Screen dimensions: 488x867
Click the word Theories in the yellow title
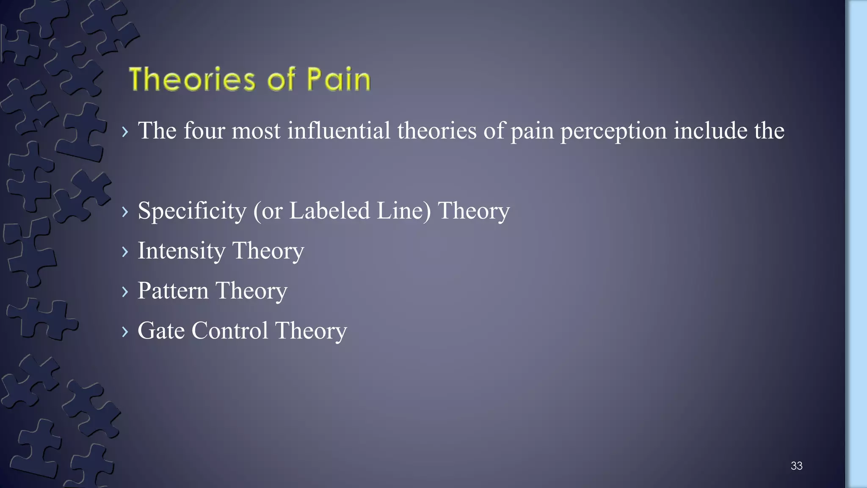tap(192, 79)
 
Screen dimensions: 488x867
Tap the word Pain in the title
tap(338, 79)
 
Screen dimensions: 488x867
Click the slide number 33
tap(796, 466)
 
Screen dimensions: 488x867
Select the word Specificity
tap(192, 211)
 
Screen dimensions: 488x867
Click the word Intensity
tap(181, 251)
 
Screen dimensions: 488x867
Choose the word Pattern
tap(173, 291)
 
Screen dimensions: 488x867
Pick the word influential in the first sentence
tap(339, 130)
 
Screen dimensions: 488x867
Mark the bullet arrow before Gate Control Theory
tap(125, 331)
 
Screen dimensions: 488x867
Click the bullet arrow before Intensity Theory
tap(125, 252)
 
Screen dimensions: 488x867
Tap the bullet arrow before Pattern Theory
tap(125, 291)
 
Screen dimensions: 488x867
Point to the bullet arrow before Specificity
tap(125, 211)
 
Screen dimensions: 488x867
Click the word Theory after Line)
tap(473, 211)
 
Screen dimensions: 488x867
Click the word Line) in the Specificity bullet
tap(403, 211)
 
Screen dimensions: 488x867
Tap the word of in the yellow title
tap(281, 79)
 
